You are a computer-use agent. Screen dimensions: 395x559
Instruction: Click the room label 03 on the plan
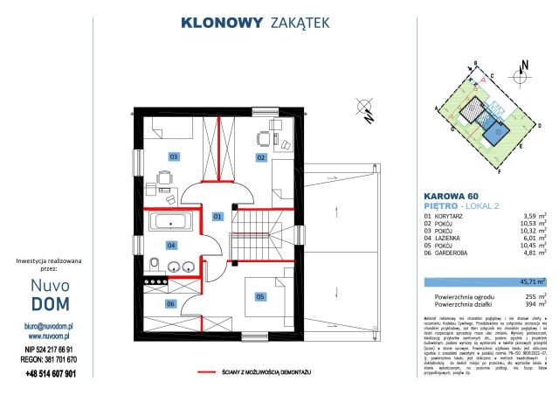tap(174, 157)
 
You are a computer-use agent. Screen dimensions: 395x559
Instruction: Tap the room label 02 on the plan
tap(259, 157)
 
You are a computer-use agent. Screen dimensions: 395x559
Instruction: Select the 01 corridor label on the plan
tap(217, 215)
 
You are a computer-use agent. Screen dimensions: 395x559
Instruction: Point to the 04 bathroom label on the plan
tap(172, 246)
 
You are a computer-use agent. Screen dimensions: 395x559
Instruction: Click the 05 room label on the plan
tap(259, 297)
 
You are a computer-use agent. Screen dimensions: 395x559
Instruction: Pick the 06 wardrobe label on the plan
tap(171, 303)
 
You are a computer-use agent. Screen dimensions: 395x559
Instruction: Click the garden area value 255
tap(525, 297)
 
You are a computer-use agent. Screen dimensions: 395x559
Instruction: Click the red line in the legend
tap(208, 373)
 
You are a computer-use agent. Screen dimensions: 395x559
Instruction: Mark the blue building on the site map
tap(496, 134)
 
